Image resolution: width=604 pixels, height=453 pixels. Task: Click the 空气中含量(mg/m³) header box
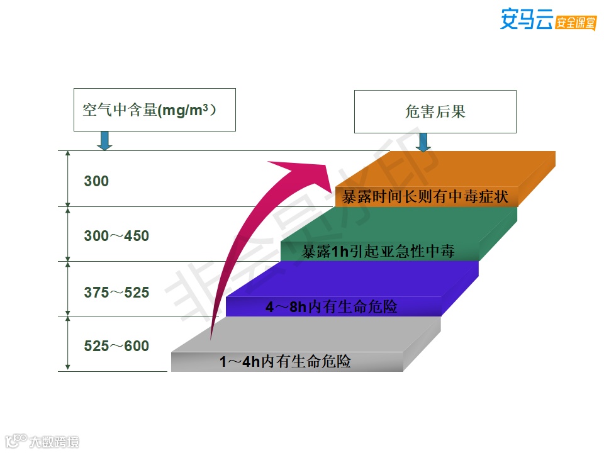(154, 110)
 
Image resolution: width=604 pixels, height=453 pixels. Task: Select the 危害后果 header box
(435, 112)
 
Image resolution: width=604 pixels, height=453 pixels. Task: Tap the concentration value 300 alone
(96, 182)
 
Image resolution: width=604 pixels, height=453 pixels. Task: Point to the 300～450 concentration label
(116, 237)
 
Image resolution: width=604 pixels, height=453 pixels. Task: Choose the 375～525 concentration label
(116, 292)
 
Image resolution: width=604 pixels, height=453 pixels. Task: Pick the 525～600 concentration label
(116, 346)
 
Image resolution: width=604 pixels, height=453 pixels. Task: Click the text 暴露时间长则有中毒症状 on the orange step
(425, 197)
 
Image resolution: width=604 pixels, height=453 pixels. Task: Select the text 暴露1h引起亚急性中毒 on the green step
(377, 252)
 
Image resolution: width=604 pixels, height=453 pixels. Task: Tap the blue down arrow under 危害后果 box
(423, 142)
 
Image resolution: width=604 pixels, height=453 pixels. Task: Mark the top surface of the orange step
(453, 167)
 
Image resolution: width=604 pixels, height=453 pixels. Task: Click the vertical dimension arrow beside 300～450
(67, 233)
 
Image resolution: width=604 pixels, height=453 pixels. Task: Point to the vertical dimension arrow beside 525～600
(67, 344)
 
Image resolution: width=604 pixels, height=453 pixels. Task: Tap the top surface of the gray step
(308, 333)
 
